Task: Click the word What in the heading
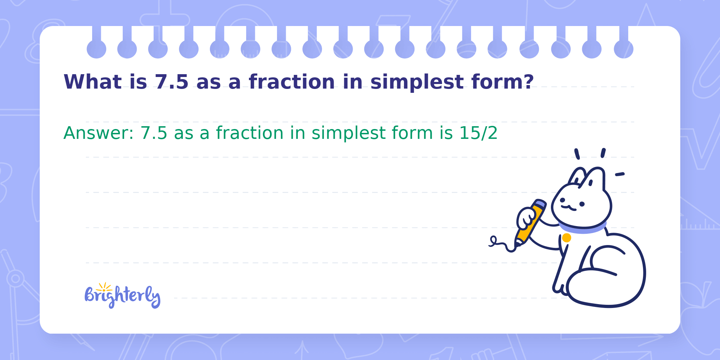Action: (x=92, y=82)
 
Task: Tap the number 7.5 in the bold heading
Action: (x=172, y=82)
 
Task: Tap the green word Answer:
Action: (x=98, y=133)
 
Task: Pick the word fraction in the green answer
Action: (x=250, y=133)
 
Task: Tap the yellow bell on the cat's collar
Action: (x=566, y=238)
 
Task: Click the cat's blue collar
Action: (x=583, y=228)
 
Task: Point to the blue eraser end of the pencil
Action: (x=540, y=204)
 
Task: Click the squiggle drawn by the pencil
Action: (x=502, y=244)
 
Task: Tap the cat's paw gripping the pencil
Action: (x=526, y=218)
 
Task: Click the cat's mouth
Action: (x=568, y=208)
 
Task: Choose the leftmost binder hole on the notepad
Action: (x=96, y=49)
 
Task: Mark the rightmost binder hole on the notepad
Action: (x=624, y=49)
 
